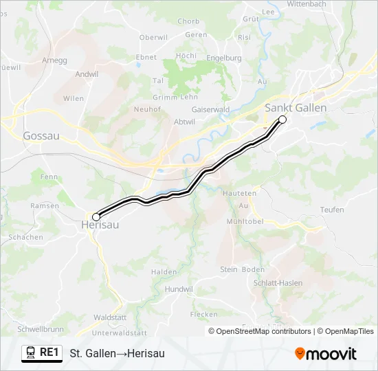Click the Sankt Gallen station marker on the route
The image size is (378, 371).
(x=282, y=120)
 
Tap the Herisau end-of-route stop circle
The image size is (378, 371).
(x=96, y=217)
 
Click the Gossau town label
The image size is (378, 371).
(x=41, y=136)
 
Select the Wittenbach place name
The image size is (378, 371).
(x=325, y=3)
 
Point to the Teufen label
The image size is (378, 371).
(x=332, y=210)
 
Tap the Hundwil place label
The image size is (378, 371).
(x=179, y=289)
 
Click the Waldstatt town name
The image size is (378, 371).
(x=109, y=317)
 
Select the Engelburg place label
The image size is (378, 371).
(x=224, y=58)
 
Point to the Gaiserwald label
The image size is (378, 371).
(x=211, y=109)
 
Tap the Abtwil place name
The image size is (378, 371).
(x=166, y=121)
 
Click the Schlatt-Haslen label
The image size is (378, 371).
(x=278, y=283)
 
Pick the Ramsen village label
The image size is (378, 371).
(x=45, y=205)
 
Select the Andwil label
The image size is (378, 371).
(x=87, y=74)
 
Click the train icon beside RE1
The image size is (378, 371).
(x=31, y=353)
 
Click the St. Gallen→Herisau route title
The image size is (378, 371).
(x=117, y=353)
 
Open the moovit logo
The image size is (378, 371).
(x=326, y=354)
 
